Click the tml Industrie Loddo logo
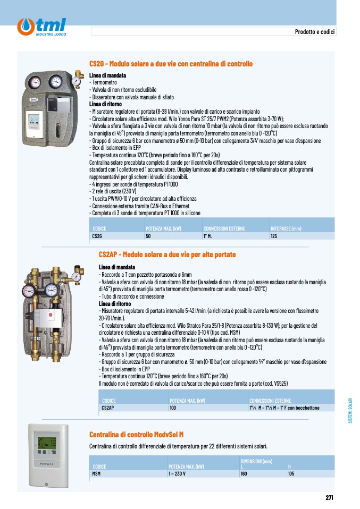(x=41, y=27)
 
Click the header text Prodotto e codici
(x=314, y=31)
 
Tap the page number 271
(x=329, y=497)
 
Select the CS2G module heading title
(x=171, y=64)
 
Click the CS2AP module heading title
(x=168, y=254)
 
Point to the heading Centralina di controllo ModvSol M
(x=137, y=434)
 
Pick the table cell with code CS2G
(x=97, y=236)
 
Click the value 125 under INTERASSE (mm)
(x=274, y=236)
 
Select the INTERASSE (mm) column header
(x=286, y=228)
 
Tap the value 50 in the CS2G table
(x=148, y=236)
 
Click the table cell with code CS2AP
(x=108, y=408)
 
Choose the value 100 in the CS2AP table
(x=173, y=408)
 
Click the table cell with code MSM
(x=96, y=473)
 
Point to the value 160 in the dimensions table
(x=244, y=473)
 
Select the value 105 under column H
(x=291, y=473)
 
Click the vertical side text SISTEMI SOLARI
(x=350, y=411)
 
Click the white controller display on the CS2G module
(x=34, y=120)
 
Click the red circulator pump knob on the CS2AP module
(x=51, y=315)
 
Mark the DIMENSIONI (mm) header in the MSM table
(x=256, y=461)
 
